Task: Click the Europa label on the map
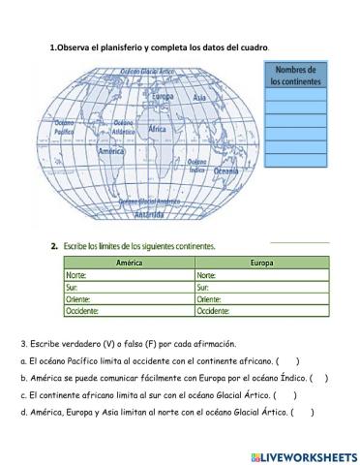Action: pyautogui.click(x=164, y=97)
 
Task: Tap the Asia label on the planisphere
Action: pyautogui.click(x=199, y=98)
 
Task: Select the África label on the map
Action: pyautogui.click(x=159, y=129)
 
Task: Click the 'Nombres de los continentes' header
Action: pyautogui.click(x=295, y=75)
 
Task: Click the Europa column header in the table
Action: pyautogui.click(x=260, y=263)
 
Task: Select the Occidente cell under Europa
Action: pyautogui.click(x=260, y=311)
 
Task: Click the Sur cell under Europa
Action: pyautogui.click(x=260, y=287)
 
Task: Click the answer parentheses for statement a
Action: pyautogui.click(x=290, y=360)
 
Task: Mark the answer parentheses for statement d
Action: pyautogui.click(x=305, y=412)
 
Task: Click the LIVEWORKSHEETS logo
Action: pyautogui.click(x=302, y=455)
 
